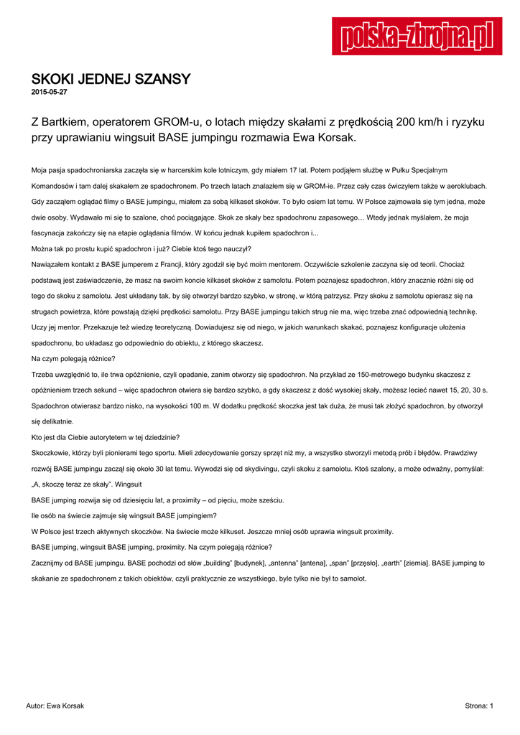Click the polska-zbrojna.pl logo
tap(417, 36)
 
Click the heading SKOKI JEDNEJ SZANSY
tap(111, 79)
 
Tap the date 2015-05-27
tap(49, 93)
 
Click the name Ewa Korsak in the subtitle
tap(324, 137)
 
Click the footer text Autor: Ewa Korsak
tap(55, 706)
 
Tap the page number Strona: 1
tap(479, 706)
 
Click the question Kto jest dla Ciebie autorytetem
tap(106, 437)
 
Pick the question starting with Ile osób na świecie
tap(124, 515)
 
